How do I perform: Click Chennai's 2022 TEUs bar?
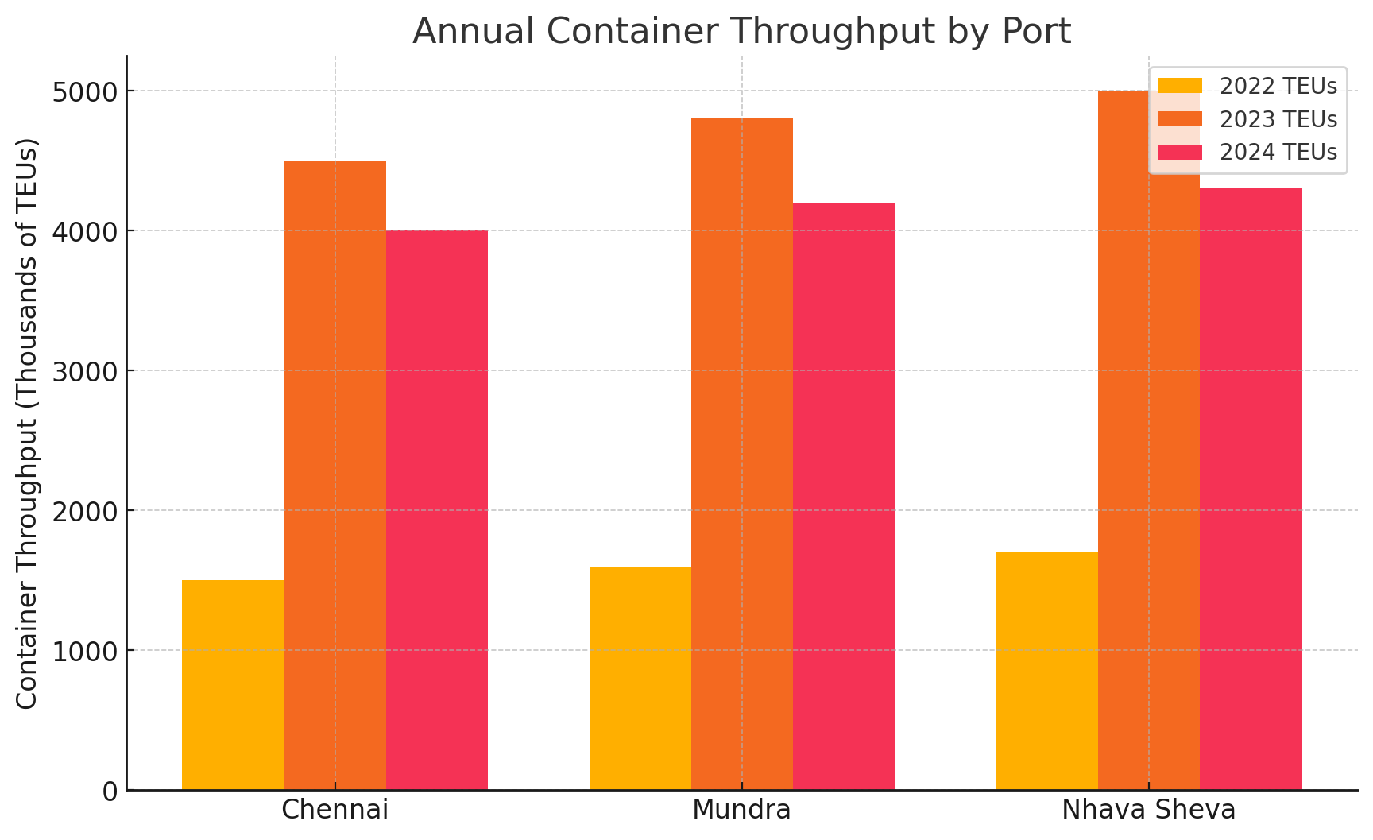tap(233, 685)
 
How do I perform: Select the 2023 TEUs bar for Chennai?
tap(335, 475)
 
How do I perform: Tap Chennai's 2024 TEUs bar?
tap(436, 510)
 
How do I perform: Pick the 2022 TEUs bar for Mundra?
tap(640, 678)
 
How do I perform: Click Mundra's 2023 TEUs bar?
tap(741, 454)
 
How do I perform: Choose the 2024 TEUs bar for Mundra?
tap(843, 496)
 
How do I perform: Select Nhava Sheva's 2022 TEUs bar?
tap(1046, 671)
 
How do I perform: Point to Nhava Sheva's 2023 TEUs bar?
tap(1148, 477)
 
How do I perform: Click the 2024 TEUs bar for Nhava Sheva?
tap(1251, 489)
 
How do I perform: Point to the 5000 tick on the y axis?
tap(85, 91)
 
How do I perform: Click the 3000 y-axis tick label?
tap(85, 371)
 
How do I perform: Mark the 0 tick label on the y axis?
tap(110, 791)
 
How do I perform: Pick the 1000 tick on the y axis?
tap(85, 651)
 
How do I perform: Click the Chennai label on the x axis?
tap(335, 810)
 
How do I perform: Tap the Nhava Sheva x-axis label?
tap(1148, 810)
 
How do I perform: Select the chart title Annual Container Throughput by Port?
tap(741, 31)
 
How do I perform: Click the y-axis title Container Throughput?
tap(27, 423)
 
